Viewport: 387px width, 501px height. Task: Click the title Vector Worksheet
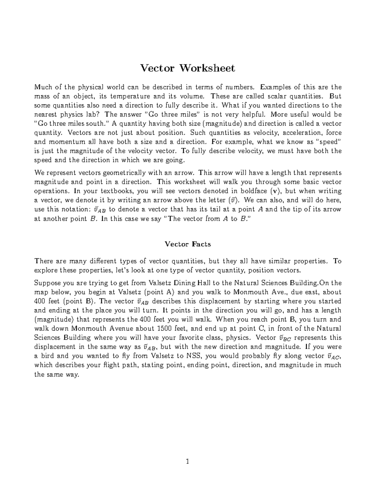187,68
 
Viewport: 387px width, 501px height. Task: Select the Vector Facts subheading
188,244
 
